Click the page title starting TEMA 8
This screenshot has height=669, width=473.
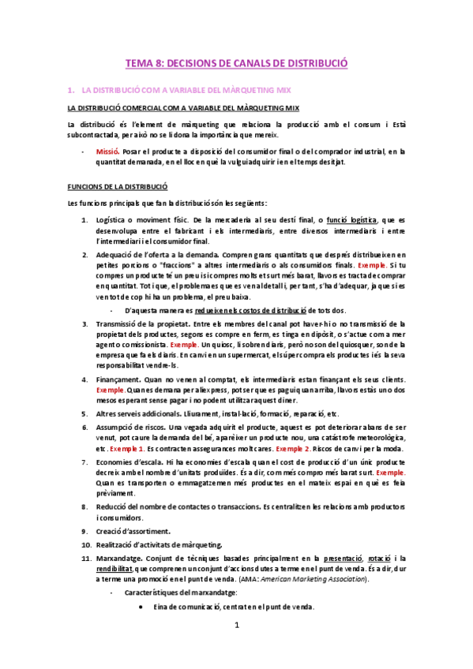[237, 62]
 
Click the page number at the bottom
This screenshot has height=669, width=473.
[236, 648]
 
